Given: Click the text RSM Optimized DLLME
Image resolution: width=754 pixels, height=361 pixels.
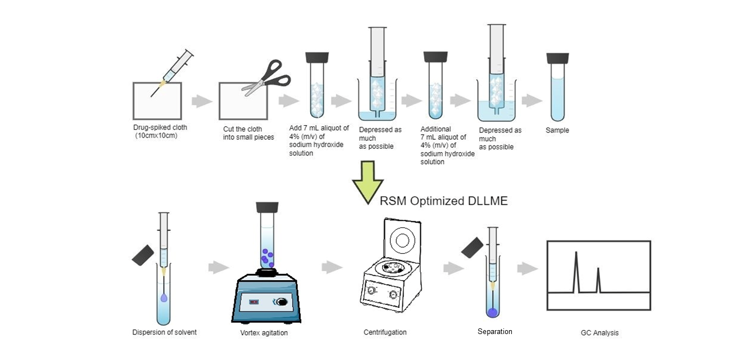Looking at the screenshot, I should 443,200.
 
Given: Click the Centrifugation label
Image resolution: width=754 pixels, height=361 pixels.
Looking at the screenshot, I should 385,332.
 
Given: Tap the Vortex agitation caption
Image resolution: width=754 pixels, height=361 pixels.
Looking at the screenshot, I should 264,333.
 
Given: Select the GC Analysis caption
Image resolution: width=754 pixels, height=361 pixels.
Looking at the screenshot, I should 599,332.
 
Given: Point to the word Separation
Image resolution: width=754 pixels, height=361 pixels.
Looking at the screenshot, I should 494,331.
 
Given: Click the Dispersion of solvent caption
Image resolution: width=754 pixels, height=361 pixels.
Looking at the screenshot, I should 165,332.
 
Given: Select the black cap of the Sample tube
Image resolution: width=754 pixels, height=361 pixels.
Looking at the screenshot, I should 557,58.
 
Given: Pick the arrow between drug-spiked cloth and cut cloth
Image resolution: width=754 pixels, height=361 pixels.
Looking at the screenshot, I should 202,102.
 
